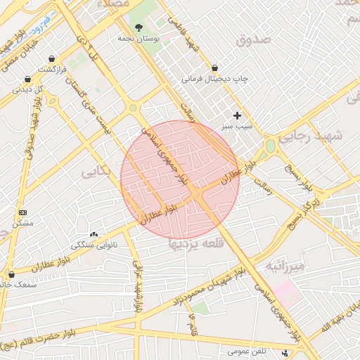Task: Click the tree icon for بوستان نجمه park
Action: [139, 25]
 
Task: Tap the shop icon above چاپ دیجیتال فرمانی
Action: [205, 68]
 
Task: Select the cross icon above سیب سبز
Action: [237, 115]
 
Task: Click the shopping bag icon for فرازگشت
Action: [51, 59]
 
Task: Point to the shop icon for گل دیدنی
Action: [27, 79]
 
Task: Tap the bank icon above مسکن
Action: [22, 212]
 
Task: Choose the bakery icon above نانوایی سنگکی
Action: [94, 234]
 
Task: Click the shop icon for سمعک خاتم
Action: [10, 274]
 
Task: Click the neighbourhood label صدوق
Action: [254, 40]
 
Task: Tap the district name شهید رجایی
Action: [310, 137]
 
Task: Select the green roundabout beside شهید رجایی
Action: [270, 147]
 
